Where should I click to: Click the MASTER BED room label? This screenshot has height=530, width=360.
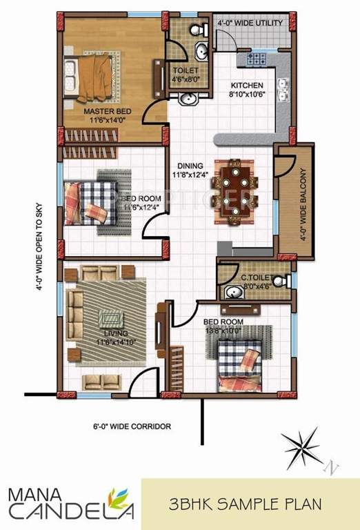(104, 110)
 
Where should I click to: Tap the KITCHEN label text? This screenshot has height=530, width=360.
(246, 86)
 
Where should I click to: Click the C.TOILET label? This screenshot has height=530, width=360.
(254, 279)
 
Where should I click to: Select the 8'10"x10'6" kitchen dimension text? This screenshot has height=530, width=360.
(246, 95)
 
